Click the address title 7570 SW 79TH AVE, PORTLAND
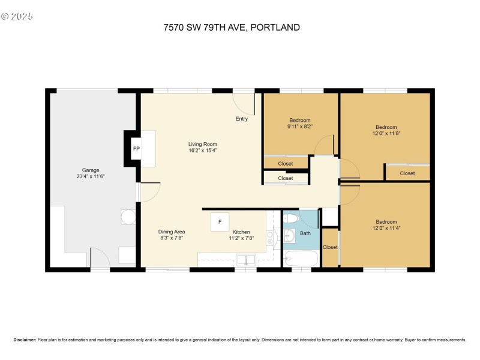pyautogui.click(x=232, y=27)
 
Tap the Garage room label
pyautogui.click(x=91, y=170)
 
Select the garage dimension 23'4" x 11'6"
pyautogui.click(x=91, y=177)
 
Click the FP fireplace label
pyautogui.click(x=136, y=148)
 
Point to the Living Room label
pyautogui.click(x=202, y=144)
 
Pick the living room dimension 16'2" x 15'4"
pyautogui.click(x=202, y=151)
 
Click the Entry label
pyautogui.click(x=241, y=119)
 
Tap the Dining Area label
pyautogui.click(x=172, y=232)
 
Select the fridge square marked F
pyautogui.click(x=220, y=222)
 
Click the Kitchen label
pyautogui.click(x=241, y=232)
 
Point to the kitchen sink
pyautogui.click(x=245, y=260)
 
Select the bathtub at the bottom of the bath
pyautogui.click(x=301, y=259)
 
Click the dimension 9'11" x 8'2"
pyautogui.click(x=300, y=127)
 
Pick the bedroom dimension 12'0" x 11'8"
pyautogui.click(x=386, y=134)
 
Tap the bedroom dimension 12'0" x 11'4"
pyautogui.click(x=386, y=227)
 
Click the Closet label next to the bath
pyautogui.click(x=330, y=247)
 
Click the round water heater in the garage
pyautogui.click(x=128, y=216)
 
